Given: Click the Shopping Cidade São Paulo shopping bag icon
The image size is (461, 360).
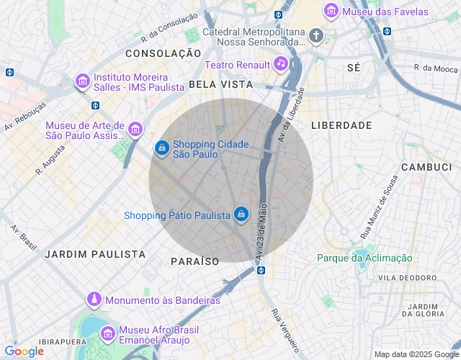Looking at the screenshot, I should [162, 148].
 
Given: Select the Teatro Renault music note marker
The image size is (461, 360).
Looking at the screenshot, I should [281, 64].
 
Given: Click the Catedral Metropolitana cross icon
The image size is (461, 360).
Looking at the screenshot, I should [315, 35].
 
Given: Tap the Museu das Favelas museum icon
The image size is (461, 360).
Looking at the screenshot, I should [331, 11].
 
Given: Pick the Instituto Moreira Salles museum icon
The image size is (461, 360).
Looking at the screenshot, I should [83, 82].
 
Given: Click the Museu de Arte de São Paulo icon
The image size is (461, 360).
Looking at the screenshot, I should [135, 130].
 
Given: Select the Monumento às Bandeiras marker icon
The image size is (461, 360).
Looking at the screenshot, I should [94, 299].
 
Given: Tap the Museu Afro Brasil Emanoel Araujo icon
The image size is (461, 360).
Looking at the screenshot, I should [108, 333].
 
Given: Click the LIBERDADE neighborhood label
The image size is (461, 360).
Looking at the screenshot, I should [341, 125].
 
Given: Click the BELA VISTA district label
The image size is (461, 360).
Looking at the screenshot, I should [220, 84].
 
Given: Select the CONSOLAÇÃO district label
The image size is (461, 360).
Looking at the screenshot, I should [163, 53].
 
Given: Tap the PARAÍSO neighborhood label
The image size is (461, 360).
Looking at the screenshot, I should [194, 261].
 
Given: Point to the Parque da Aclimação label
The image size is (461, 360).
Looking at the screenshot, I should [364, 258].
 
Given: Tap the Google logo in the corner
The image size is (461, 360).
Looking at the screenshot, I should [24, 351].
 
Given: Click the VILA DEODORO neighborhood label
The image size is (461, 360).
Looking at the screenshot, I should [408, 277].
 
